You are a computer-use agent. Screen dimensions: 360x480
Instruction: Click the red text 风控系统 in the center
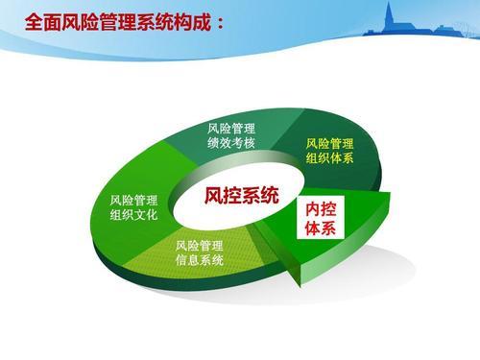(x=241, y=196)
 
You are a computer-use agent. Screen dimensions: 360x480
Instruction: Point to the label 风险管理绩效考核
(x=231, y=135)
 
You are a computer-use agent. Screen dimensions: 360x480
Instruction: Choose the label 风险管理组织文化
(x=133, y=207)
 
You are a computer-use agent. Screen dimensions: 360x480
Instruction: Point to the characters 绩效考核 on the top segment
(x=231, y=143)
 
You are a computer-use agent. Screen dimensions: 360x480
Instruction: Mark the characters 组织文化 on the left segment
(x=133, y=215)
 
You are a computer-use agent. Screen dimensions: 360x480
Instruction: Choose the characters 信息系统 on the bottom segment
(x=200, y=261)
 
